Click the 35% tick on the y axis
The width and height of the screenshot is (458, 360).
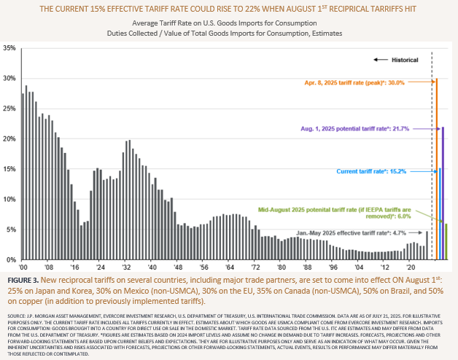tap(9, 48)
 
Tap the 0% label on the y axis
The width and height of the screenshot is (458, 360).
tap(12, 259)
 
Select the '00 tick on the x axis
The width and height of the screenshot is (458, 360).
tap(23, 267)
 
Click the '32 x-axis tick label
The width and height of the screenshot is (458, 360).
tap(126, 267)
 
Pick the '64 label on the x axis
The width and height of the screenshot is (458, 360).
tap(229, 267)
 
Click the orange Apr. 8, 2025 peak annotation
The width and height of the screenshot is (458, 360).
tap(383, 82)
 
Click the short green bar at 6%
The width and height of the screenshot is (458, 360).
tap(446, 241)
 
